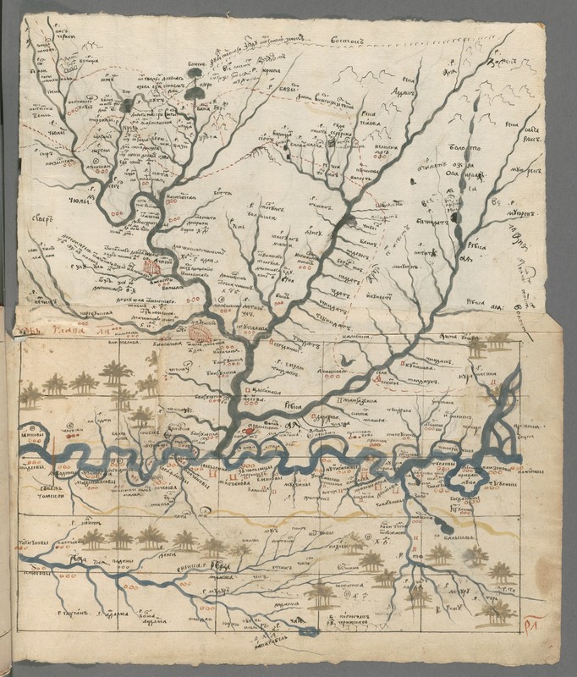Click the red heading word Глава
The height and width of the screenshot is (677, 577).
73,332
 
